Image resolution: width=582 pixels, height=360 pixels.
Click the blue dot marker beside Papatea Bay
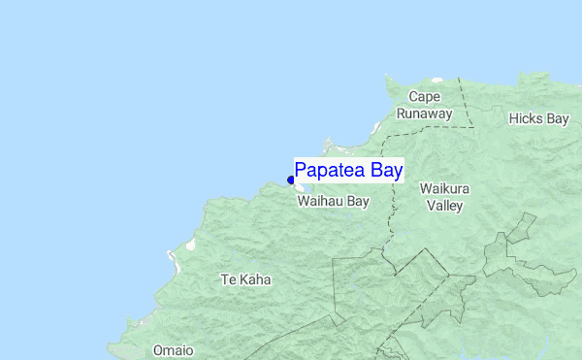pos(291,180)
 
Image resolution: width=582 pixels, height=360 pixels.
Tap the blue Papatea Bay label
pos(348,170)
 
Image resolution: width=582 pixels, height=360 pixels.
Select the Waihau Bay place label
pos(333,202)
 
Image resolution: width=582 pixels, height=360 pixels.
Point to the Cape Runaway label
pos(425,105)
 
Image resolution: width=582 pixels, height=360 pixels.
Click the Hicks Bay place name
pos(538,118)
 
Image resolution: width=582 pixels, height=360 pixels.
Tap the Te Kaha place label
pos(245,279)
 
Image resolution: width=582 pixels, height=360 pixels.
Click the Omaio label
pos(173,350)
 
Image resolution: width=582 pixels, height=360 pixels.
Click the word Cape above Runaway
pos(425,96)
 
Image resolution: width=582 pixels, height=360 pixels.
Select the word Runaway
pos(425,114)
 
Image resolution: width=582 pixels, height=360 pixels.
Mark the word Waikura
pos(444,188)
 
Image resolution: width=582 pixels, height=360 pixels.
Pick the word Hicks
pos(526,118)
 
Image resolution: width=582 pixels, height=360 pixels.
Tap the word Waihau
pos(320,202)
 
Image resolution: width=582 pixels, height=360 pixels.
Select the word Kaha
pos(255,279)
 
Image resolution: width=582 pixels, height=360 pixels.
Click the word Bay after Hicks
pos(557,118)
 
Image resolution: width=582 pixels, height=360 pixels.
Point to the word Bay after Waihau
pos(358,202)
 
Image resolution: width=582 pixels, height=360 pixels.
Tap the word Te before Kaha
pos(228,279)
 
